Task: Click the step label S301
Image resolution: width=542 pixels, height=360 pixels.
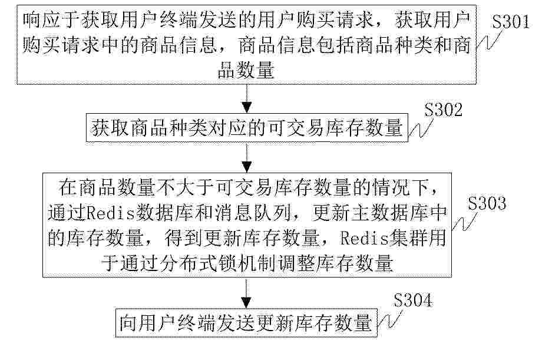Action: pos(511,22)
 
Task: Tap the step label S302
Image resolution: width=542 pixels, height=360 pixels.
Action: pos(444,110)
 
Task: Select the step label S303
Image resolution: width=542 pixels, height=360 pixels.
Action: pos(487,203)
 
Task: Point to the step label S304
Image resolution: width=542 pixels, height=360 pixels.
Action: pos(413,300)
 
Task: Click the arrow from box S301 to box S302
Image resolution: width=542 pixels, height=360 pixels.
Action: pos(246,98)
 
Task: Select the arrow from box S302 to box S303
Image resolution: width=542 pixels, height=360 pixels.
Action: pos(246,157)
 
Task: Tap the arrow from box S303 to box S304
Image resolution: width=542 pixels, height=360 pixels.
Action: pos(246,293)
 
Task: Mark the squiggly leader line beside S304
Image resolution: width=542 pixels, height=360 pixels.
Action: pos(390,319)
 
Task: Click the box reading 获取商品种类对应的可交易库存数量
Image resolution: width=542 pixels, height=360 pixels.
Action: pos(247,128)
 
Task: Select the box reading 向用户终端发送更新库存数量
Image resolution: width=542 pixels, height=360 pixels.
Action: pos(246,323)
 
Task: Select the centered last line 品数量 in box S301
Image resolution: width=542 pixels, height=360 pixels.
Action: pos(246,70)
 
